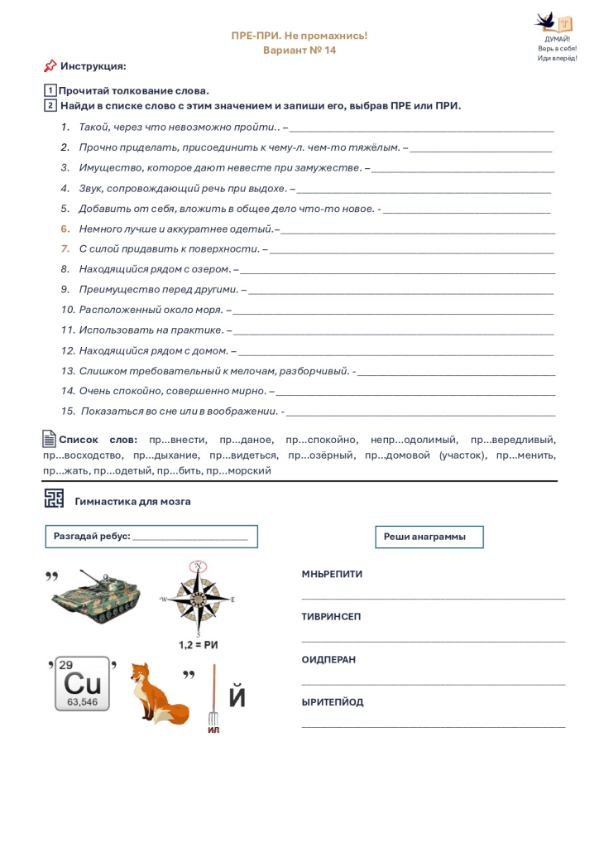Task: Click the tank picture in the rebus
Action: (x=96, y=595)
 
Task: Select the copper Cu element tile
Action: (x=83, y=684)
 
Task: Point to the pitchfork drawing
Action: (x=213, y=694)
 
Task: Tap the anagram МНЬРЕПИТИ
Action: (x=332, y=574)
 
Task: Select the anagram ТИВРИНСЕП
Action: (x=331, y=617)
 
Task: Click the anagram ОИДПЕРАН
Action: (x=328, y=660)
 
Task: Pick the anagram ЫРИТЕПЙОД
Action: (x=333, y=702)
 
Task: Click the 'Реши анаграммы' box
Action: (x=429, y=537)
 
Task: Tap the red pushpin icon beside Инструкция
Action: (x=50, y=66)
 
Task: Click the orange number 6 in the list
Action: (x=65, y=229)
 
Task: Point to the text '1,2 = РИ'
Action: (x=198, y=644)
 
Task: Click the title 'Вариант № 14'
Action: (x=299, y=51)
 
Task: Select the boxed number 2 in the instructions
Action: (x=50, y=106)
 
